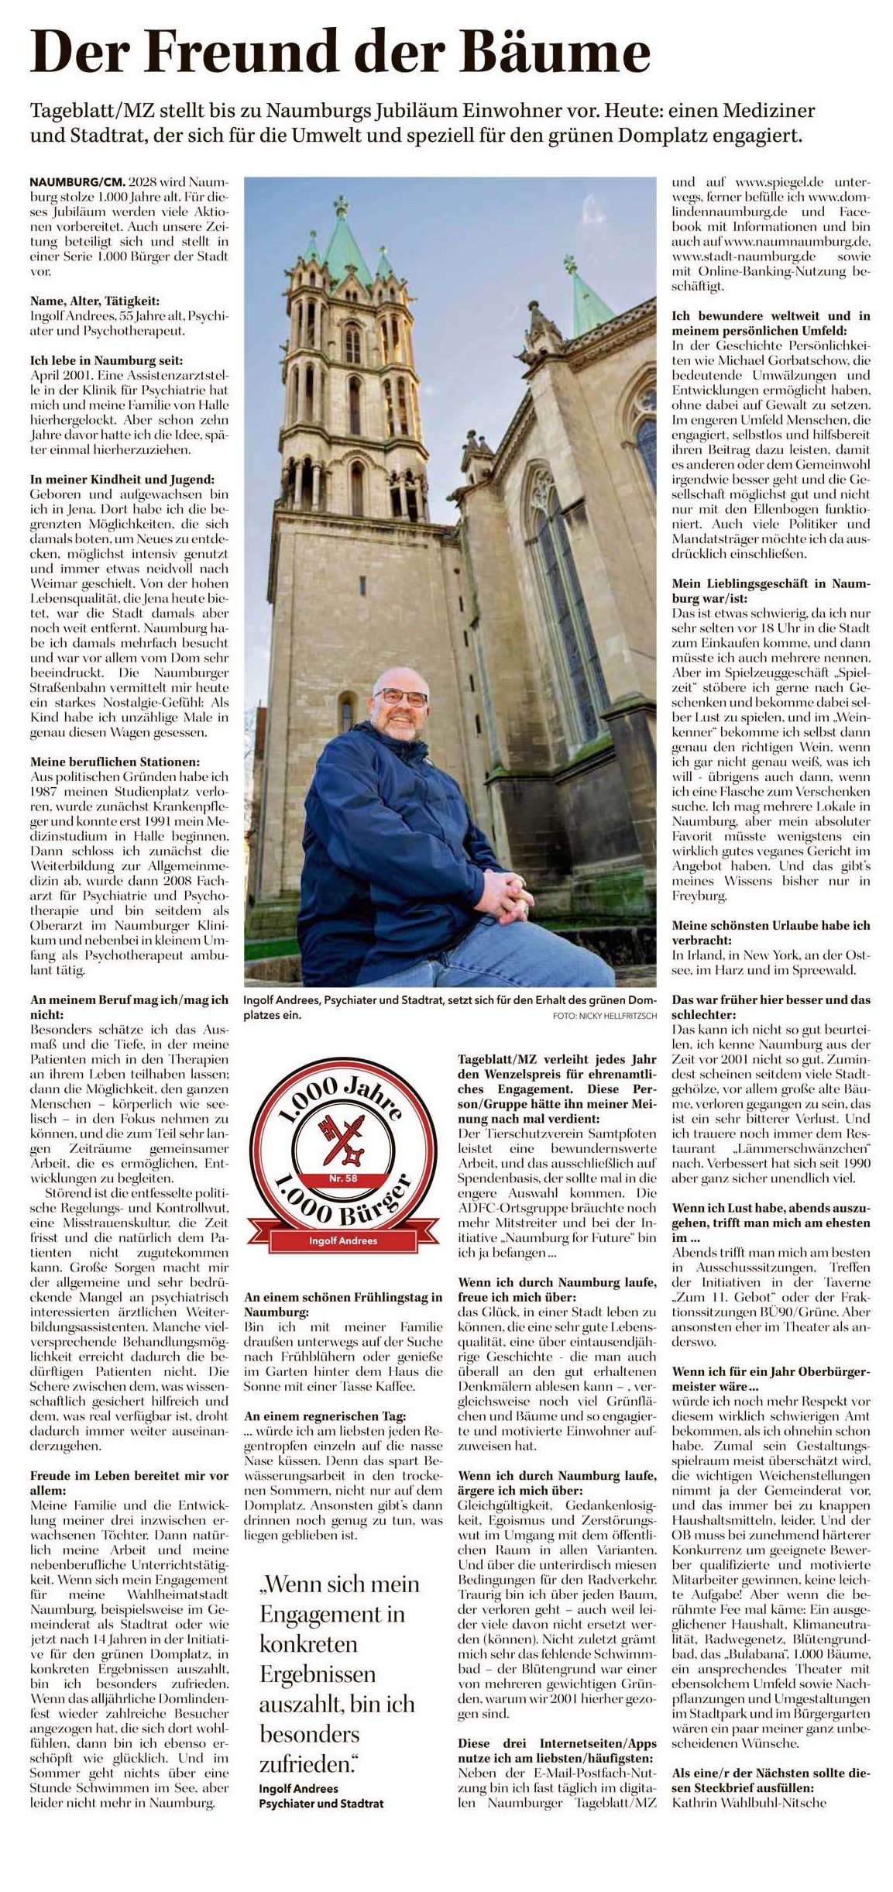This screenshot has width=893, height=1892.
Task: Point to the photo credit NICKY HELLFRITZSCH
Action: click(x=604, y=1015)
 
